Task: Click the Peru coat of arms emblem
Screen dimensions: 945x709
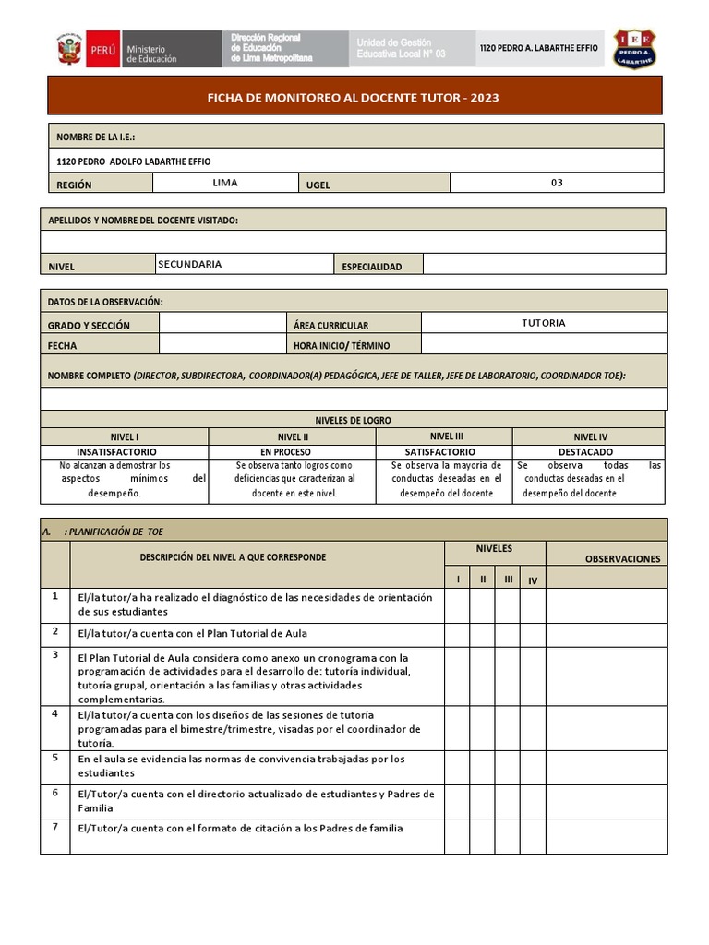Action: point(69,50)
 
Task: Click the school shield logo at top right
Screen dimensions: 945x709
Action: point(635,48)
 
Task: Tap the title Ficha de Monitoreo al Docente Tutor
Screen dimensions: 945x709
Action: point(354,97)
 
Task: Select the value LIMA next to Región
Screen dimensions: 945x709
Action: point(224,183)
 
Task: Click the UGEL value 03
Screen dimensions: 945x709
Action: point(557,183)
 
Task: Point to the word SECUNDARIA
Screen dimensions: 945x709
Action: point(190,264)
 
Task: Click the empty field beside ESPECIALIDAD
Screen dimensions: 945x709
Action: point(544,265)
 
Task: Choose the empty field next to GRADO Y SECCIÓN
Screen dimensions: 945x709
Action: point(222,323)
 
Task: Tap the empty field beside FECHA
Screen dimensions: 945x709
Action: point(222,344)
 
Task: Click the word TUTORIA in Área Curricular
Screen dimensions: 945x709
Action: point(543,323)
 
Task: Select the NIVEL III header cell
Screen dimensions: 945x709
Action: point(447,437)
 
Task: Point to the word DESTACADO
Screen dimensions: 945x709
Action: point(585,452)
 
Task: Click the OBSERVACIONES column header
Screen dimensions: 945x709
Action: point(622,558)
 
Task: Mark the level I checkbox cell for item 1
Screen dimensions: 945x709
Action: point(457,605)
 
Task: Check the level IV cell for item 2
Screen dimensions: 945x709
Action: point(533,635)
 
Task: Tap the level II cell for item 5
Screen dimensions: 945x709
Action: point(482,768)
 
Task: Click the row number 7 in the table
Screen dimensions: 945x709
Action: point(55,827)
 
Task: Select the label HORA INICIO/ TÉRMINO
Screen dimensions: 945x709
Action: point(342,345)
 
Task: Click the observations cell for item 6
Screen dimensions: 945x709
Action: point(606,801)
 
